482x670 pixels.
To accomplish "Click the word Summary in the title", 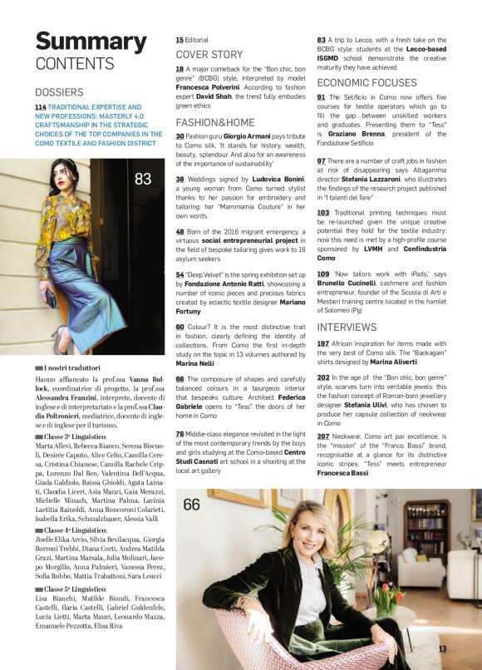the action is point(79,41).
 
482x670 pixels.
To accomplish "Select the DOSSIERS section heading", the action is point(59,92).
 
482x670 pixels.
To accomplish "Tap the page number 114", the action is point(40,108).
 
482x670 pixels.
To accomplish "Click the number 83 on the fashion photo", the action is point(143,179).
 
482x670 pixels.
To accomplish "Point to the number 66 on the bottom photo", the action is point(192,505).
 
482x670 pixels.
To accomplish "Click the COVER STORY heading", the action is point(209,55).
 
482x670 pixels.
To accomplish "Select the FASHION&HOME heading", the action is point(214,121).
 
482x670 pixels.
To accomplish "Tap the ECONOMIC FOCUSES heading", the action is point(366,83).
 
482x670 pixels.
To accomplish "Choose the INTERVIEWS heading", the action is point(347,328).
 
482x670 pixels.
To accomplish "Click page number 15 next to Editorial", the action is point(180,40).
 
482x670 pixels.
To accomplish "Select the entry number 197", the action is point(323,343).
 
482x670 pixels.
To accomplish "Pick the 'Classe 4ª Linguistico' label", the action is point(75,530).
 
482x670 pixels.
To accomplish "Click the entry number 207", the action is point(323,436).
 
